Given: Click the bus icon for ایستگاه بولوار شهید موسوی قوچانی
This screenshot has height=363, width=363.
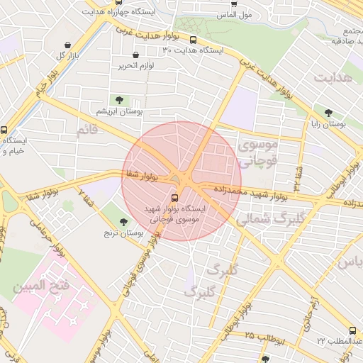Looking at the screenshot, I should [x=175, y=198].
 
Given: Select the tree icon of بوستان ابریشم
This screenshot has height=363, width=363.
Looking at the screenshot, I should [x=118, y=100].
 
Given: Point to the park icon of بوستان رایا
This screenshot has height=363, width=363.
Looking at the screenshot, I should [x=328, y=112].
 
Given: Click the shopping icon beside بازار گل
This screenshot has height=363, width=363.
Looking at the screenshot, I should [x=67, y=44].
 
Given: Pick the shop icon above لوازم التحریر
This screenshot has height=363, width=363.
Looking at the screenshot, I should [x=135, y=55].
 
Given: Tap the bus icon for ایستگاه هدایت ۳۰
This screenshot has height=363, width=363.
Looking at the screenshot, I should [x=194, y=40].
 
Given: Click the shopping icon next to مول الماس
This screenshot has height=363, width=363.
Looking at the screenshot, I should [x=235, y=4].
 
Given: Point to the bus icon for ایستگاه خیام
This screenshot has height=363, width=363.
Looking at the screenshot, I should [x=5, y=130].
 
